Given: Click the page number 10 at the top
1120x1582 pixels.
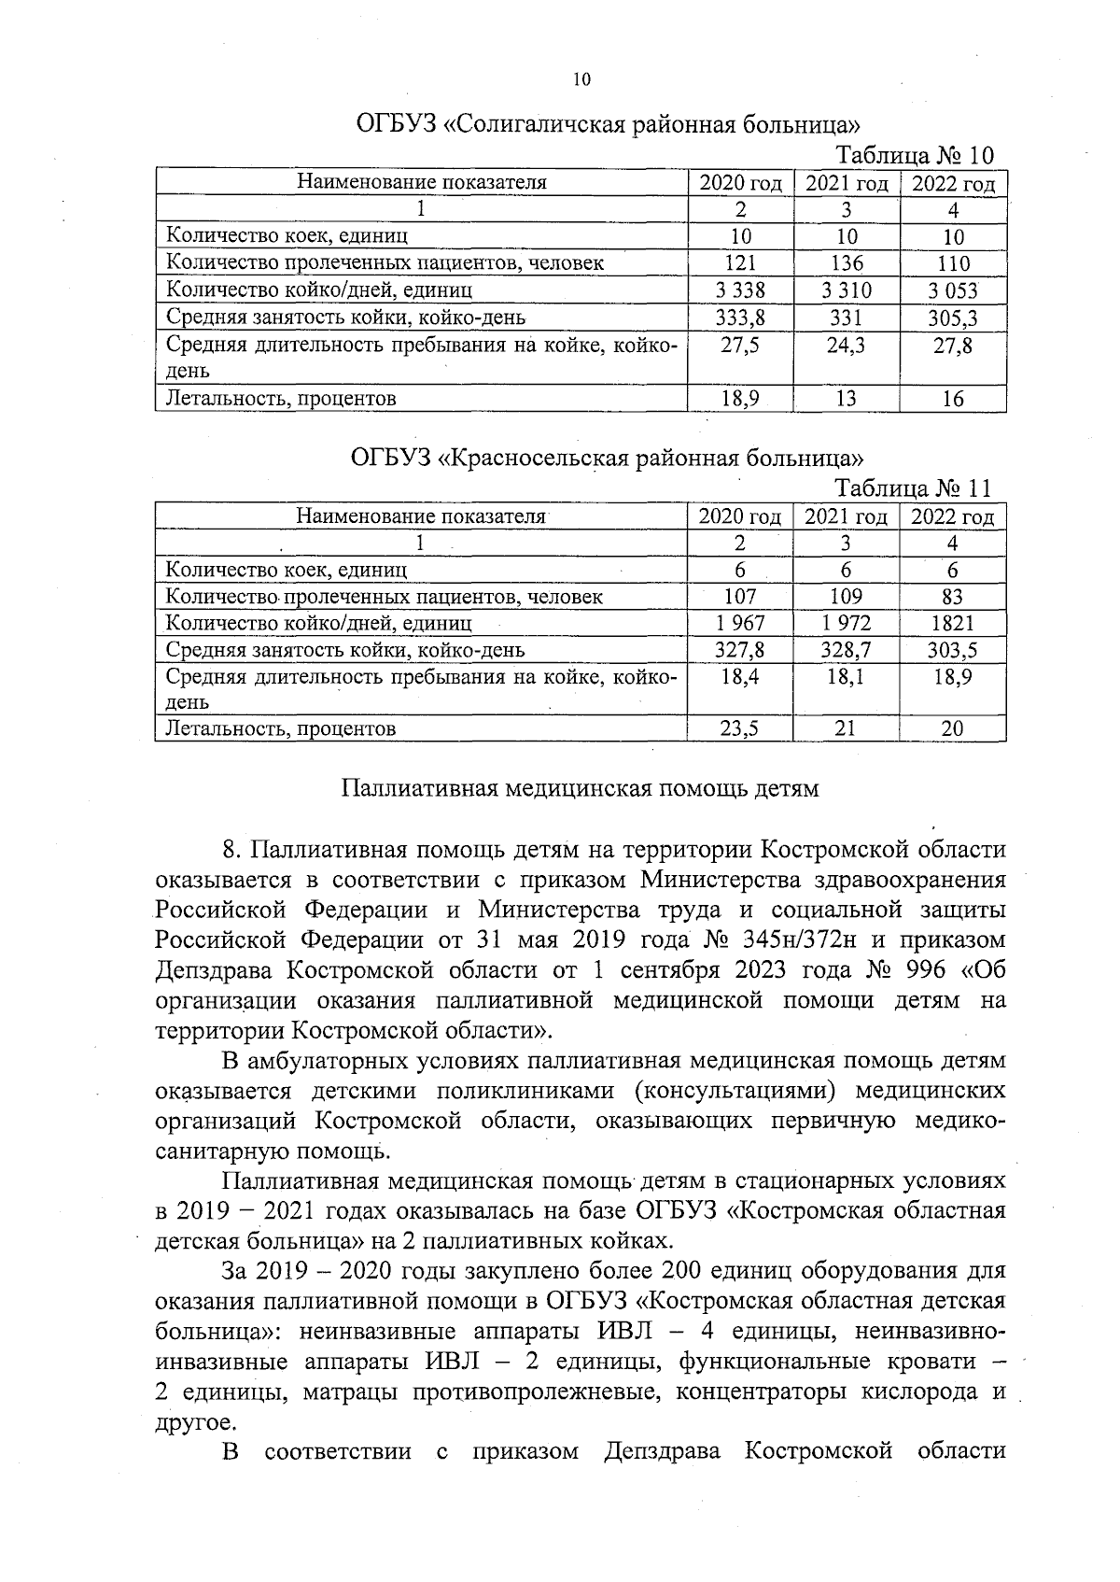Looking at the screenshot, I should click(581, 80).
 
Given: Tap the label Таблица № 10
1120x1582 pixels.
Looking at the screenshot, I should click(915, 155).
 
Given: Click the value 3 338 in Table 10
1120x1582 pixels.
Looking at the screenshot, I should click(740, 290).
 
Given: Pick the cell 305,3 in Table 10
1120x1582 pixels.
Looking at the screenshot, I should click(952, 318).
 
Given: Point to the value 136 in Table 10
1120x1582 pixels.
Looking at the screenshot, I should click(847, 263).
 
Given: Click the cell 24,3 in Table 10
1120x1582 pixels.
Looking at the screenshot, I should click(847, 346).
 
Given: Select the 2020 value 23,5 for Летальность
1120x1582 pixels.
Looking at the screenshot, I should click(740, 728).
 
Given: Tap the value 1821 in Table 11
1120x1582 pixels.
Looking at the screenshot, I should click(952, 623).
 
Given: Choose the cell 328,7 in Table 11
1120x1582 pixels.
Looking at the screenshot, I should click(846, 650).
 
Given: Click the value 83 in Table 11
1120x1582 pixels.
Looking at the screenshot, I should click(952, 596).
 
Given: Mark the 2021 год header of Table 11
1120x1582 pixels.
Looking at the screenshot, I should click(846, 516).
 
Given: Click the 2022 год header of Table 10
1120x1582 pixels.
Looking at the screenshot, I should click(953, 183).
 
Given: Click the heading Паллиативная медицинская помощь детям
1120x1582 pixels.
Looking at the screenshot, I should click(580, 789).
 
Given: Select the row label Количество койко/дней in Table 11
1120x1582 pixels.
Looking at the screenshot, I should click(318, 623).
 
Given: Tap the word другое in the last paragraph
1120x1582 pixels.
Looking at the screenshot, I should click(189, 1422).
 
